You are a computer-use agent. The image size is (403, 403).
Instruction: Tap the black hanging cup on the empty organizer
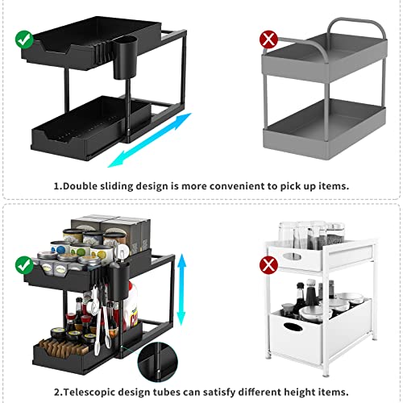[127, 59]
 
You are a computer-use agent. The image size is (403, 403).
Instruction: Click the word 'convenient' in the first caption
[234, 185]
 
